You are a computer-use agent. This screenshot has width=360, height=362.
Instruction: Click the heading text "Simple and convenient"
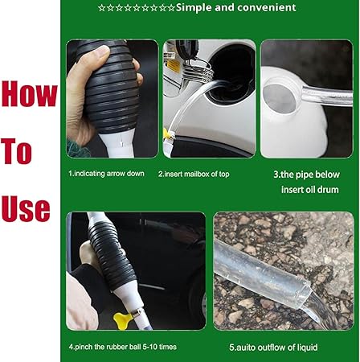(235, 8)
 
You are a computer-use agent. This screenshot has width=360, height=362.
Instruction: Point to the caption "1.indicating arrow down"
(108, 173)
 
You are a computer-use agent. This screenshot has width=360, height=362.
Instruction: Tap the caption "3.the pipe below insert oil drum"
(306, 181)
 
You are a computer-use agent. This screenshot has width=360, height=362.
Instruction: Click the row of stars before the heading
(135, 8)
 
